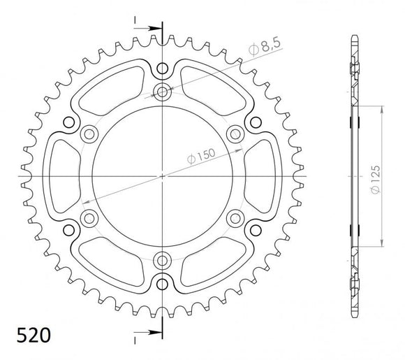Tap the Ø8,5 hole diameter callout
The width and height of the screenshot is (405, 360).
click(266, 48)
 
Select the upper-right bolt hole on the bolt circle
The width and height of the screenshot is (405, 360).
click(235, 134)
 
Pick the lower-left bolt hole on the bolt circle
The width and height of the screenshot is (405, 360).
click(89, 219)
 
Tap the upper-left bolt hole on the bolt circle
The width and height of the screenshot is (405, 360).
click(89, 134)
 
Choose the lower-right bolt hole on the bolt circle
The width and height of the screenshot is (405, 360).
click(235, 219)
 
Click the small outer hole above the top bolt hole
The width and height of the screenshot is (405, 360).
click(163, 69)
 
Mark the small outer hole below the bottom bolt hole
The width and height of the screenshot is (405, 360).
click(163, 283)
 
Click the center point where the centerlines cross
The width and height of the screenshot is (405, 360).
click(163, 176)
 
